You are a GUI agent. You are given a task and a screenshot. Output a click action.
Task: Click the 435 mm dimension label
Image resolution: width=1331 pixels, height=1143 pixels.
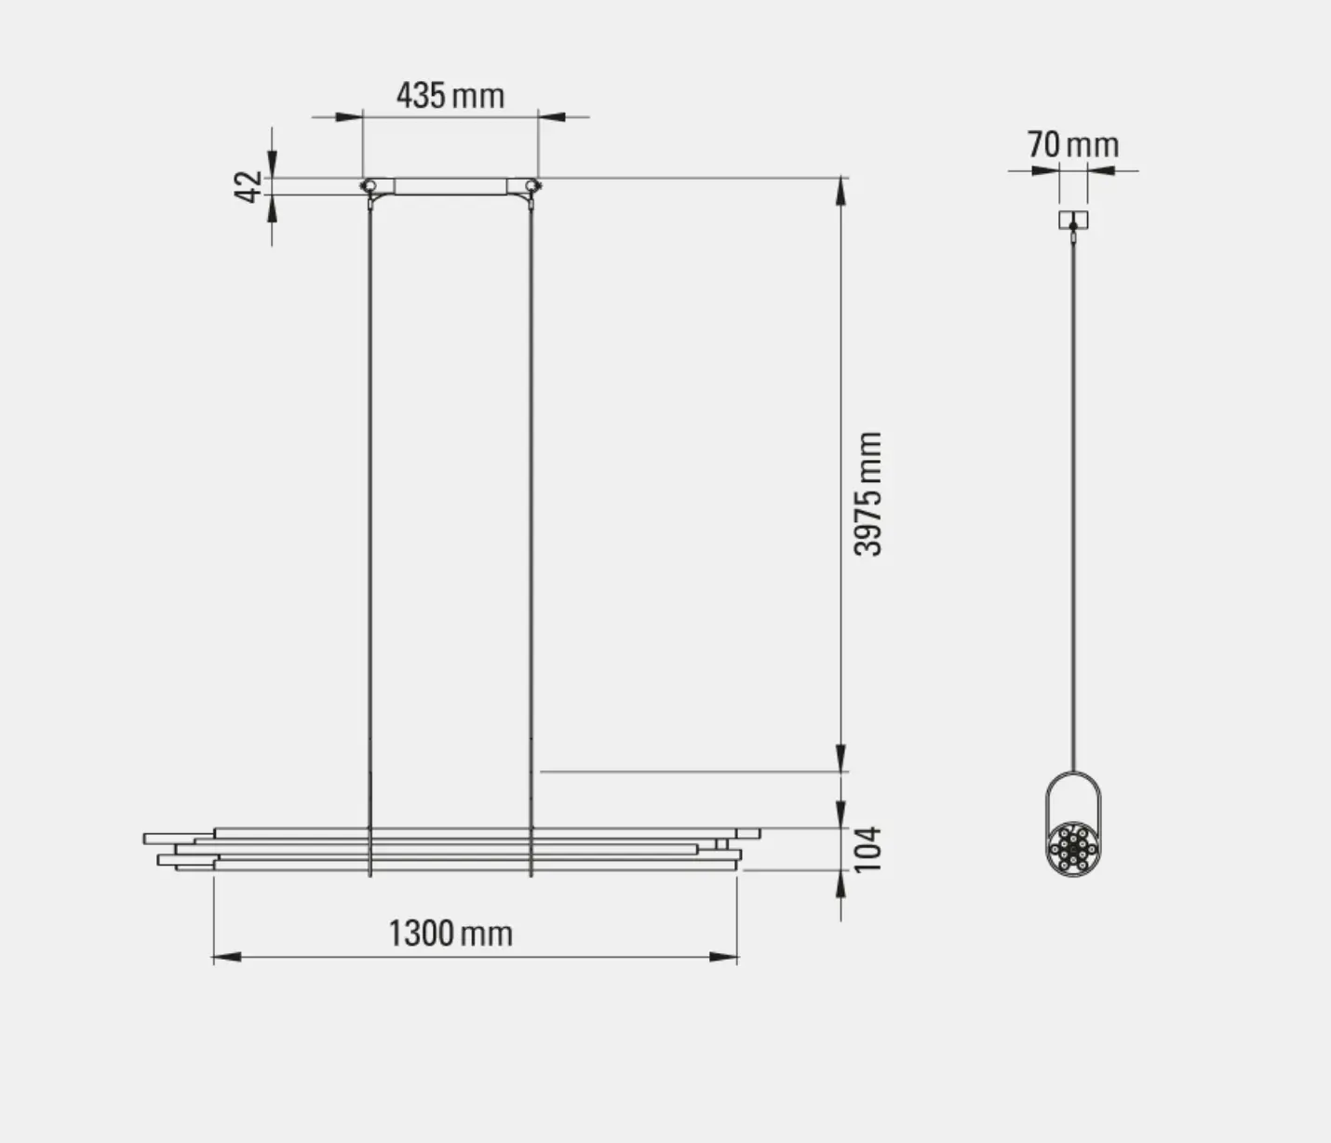click(x=450, y=96)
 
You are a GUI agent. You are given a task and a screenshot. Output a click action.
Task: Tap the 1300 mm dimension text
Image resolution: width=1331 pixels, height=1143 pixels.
click(x=450, y=933)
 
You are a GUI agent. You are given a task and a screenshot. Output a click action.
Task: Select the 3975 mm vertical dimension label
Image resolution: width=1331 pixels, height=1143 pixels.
click(x=867, y=494)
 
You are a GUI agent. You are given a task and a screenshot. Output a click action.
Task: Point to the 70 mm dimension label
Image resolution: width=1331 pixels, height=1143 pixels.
click(x=1073, y=144)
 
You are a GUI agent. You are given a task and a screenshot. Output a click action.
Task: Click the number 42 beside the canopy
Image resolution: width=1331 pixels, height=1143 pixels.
click(x=248, y=187)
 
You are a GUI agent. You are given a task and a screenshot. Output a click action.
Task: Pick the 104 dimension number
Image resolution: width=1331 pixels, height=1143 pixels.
click(x=867, y=850)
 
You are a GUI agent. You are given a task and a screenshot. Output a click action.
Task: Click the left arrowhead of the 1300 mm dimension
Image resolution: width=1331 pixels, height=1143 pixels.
click(x=227, y=957)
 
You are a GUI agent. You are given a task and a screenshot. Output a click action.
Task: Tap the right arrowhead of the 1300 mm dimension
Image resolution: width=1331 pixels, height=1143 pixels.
click(x=723, y=957)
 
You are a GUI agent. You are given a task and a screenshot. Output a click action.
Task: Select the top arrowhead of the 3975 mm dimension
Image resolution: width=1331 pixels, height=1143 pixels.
click(x=840, y=191)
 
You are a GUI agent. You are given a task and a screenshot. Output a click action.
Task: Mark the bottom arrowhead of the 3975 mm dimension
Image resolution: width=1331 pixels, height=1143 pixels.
click(x=840, y=758)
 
